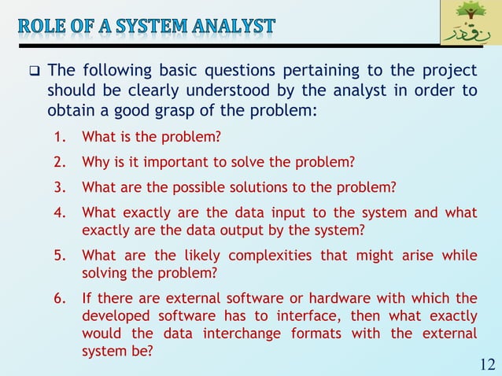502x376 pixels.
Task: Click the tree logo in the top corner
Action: coord(470,23)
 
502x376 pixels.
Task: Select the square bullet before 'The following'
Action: coord(35,72)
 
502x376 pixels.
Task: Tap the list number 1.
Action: coord(59,138)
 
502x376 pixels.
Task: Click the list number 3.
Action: coord(59,187)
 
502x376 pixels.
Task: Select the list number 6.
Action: coord(59,298)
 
